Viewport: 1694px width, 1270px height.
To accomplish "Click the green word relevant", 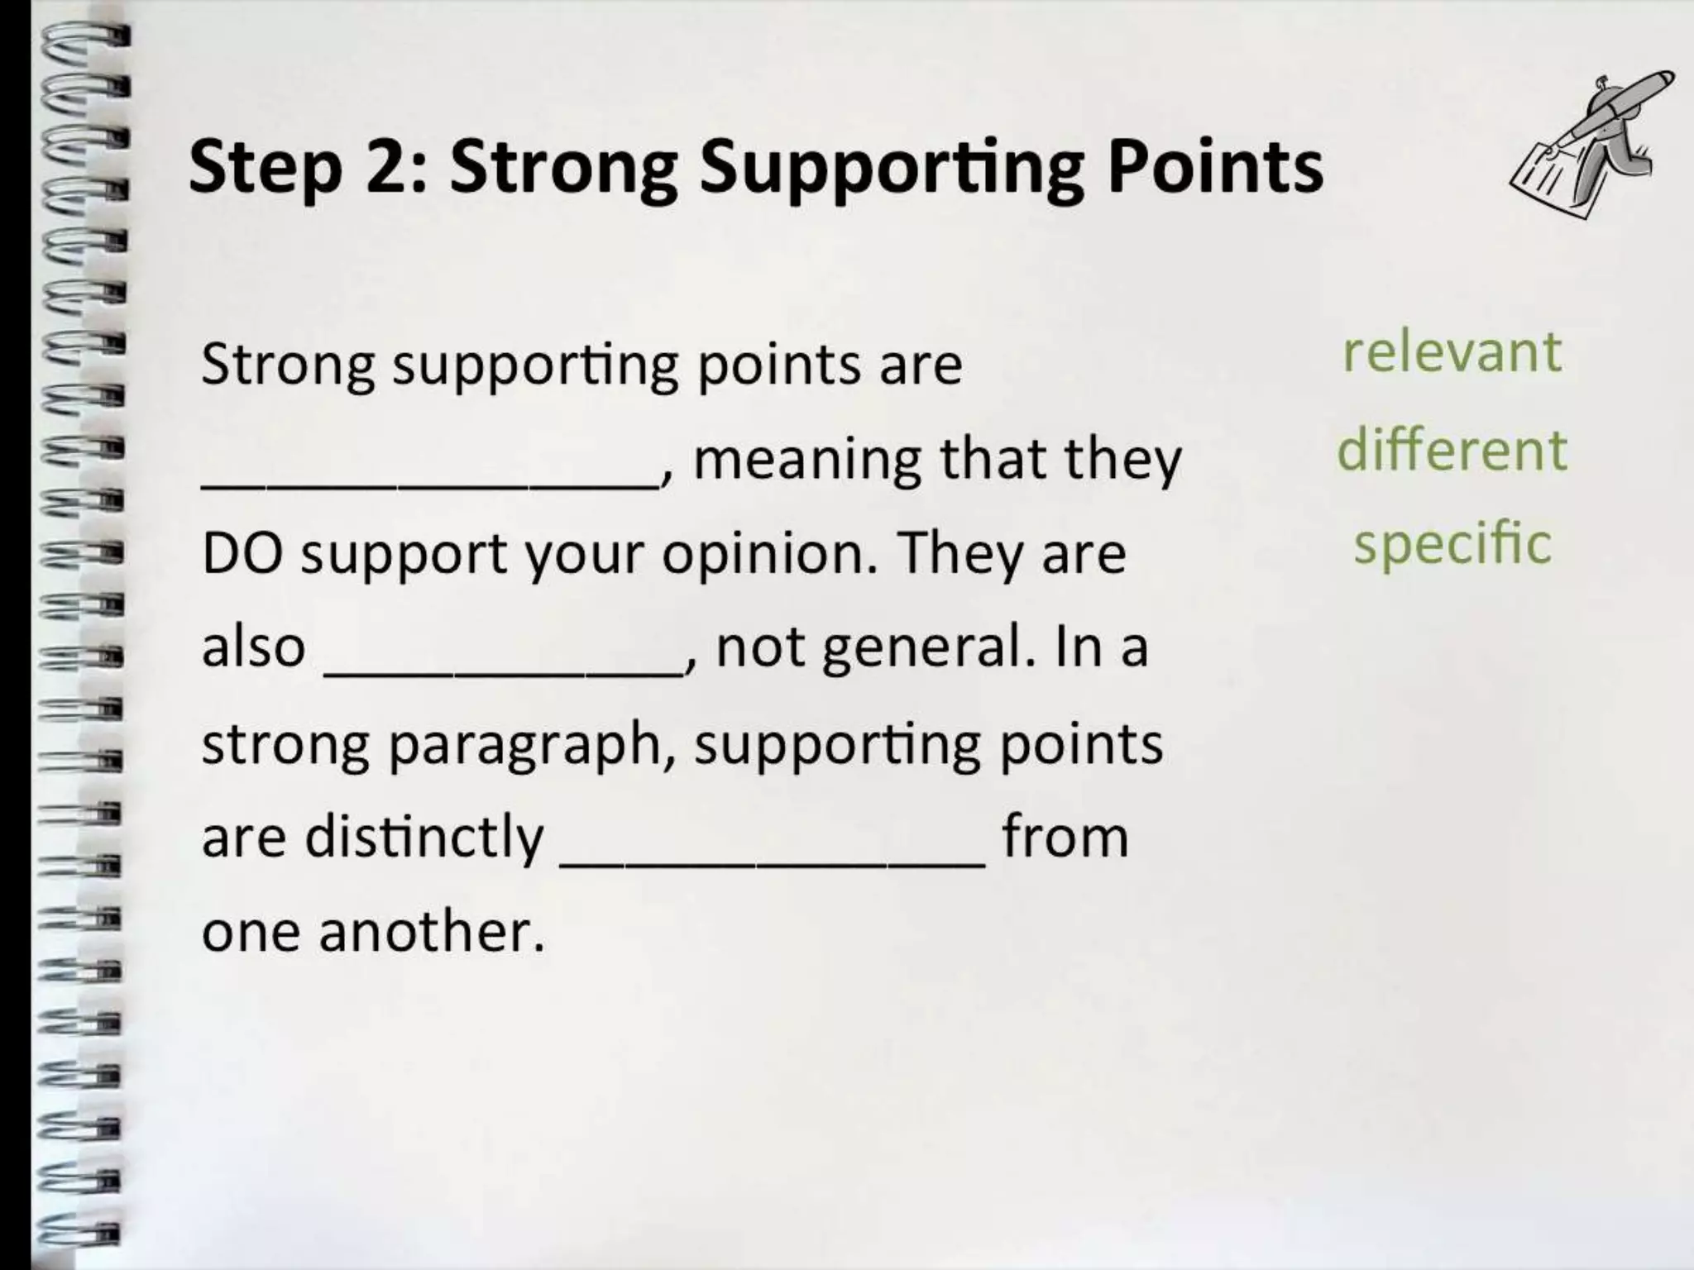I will click(x=1452, y=353).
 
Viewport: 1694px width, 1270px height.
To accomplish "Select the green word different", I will click(x=1452, y=450).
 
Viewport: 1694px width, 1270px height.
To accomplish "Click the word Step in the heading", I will click(x=265, y=168).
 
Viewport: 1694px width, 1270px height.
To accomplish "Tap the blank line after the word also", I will click(x=505, y=674).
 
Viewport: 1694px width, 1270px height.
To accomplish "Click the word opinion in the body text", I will click(x=768, y=555).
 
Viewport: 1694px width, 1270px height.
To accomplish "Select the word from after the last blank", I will click(x=1065, y=838).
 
